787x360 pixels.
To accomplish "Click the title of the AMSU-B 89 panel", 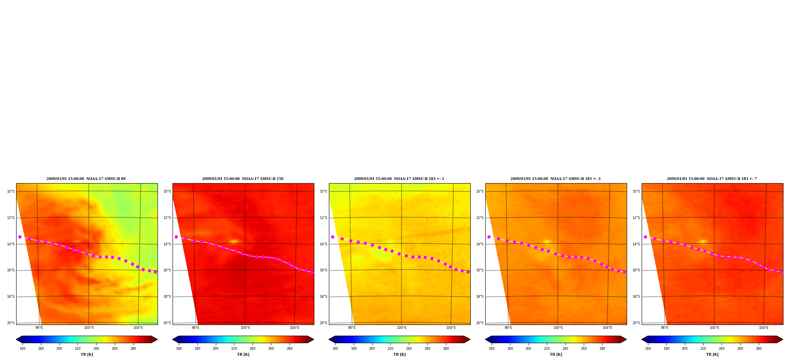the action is (x=86, y=179).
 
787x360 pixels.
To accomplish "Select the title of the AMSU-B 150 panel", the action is (x=243, y=179).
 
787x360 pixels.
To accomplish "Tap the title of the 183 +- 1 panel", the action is (x=399, y=179).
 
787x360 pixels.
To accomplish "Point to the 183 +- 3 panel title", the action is (x=555, y=179).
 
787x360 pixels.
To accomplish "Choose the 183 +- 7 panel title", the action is (x=712, y=179).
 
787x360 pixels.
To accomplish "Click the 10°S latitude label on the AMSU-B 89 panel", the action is (x=11, y=191).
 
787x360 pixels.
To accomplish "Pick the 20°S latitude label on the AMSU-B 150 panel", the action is (x=167, y=323).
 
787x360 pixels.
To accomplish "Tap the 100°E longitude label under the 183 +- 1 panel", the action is (x=401, y=328).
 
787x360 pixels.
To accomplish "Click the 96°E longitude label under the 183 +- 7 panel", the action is (x=664, y=328).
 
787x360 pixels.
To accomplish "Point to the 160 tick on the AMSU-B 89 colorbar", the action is (x=22, y=348).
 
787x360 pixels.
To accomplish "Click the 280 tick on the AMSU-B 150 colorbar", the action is (x=290, y=348).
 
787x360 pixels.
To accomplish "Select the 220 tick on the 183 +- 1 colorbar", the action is (x=390, y=348).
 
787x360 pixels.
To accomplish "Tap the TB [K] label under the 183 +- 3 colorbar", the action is (x=556, y=354).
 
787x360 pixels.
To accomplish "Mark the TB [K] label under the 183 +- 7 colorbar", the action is (x=712, y=354).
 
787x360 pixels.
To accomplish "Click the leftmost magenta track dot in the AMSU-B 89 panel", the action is (x=20, y=237).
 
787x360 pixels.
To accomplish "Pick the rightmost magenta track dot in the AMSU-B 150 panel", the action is (x=312, y=272).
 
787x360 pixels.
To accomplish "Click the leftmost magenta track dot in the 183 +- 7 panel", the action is (x=645, y=237).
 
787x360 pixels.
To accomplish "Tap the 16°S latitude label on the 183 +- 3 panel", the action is (x=480, y=270).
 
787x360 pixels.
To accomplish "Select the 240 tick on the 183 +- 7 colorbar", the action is (x=722, y=348).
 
